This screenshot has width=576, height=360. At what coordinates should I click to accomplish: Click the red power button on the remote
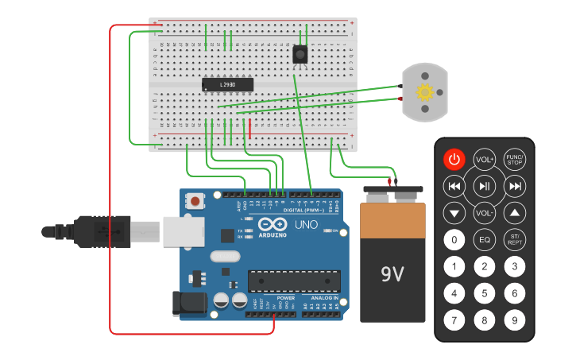click(454, 159)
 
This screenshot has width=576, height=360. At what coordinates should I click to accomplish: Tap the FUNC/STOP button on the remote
click(515, 159)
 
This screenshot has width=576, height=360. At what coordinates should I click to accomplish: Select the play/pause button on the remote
click(485, 186)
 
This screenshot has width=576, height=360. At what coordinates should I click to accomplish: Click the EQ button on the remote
click(485, 239)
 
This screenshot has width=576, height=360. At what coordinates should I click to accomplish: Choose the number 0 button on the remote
click(454, 239)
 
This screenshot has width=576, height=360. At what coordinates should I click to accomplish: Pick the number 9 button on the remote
click(515, 320)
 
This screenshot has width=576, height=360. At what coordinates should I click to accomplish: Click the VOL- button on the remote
click(485, 213)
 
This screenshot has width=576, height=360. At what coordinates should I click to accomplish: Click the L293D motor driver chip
click(227, 83)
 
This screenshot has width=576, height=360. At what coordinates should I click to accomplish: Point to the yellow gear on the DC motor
click(424, 92)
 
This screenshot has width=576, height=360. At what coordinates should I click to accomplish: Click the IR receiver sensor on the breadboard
click(300, 54)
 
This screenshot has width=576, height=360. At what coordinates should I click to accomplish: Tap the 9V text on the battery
click(392, 274)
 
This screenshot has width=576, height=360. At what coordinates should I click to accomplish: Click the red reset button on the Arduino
click(195, 202)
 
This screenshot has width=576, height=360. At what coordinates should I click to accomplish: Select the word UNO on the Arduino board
click(307, 225)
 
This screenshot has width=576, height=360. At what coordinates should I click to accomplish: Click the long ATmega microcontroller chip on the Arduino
click(294, 281)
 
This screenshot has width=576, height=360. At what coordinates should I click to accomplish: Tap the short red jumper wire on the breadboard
click(250, 129)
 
